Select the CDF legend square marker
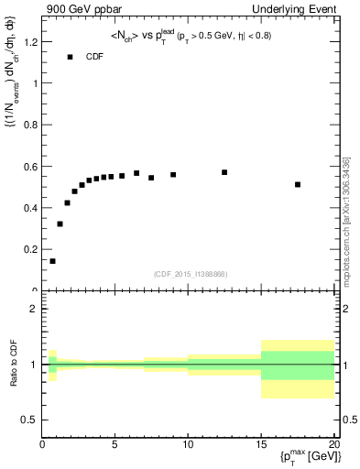[x=70, y=57]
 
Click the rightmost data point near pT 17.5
[x=298, y=184]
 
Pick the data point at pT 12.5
[x=224, y=172]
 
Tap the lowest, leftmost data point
[x=52, y=261]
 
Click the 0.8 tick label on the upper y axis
[x=30, y=125]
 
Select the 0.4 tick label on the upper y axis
[x=30, y=208]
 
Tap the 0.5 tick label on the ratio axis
[x=29, y=420]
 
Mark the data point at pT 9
[x=173, y=174]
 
